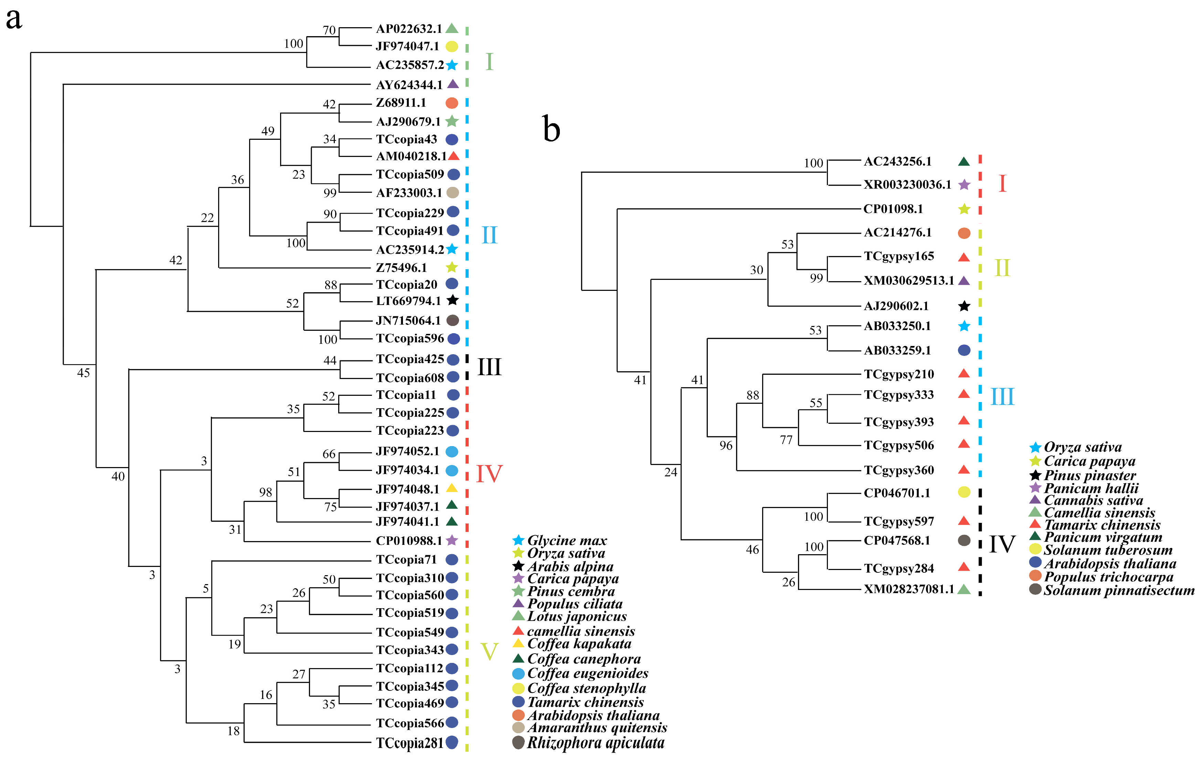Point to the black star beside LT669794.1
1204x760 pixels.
pyautogui.click(x=452, y=300)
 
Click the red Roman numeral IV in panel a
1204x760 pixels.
pyautogui.click(x=489, y=474)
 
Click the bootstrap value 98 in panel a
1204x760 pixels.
pyautogui.click(x=266, y=493)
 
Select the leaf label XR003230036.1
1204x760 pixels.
pyautogui.click(x=907, y=184)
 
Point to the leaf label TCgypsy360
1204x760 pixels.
pyautogui.click(x=898, y=470)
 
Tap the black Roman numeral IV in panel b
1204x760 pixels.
pyautogui.click(x=1002, y=544)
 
